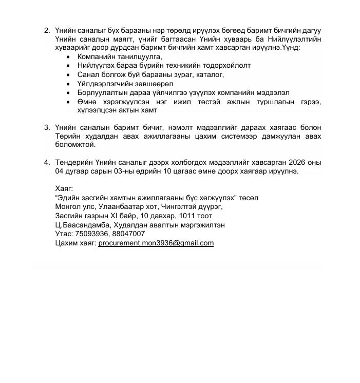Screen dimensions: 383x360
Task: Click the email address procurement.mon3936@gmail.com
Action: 156,243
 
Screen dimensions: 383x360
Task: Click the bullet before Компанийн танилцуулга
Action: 69,56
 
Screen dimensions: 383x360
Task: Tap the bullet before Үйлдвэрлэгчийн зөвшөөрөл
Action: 69,84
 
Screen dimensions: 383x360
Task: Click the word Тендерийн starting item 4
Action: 74,163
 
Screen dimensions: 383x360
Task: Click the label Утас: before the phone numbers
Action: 64,234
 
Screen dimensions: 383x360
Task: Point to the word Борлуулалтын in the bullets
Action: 101,93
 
